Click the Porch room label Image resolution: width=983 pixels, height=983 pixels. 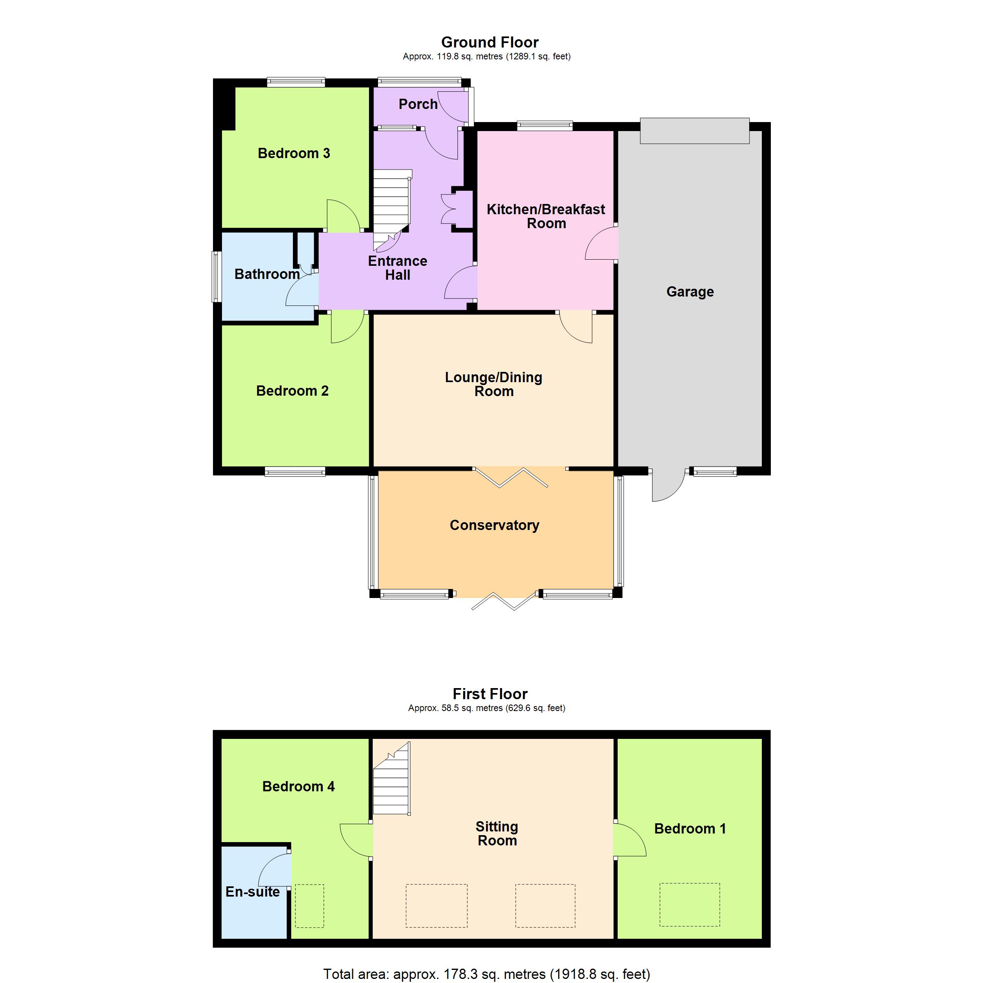418,104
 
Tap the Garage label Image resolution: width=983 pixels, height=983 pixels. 690,292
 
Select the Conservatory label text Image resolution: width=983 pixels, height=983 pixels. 494,525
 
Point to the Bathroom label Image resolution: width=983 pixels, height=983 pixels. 267,274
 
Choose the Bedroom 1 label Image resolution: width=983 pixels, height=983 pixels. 690,828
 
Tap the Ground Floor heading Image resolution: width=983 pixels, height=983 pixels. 489,42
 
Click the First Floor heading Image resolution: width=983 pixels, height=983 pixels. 490,694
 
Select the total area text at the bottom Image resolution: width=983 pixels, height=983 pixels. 487,974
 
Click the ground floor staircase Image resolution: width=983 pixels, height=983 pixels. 392,210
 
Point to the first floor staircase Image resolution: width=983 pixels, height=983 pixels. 392,779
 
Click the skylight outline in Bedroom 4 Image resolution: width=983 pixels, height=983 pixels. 309,906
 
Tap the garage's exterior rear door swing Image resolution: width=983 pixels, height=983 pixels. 669,485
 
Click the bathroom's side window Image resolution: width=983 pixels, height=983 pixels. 216,277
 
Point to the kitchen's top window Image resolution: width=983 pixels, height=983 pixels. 544,126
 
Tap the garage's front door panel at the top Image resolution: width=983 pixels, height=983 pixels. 695,131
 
